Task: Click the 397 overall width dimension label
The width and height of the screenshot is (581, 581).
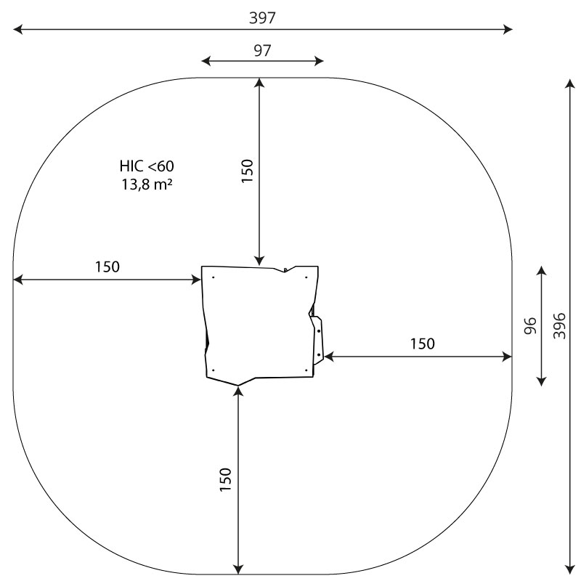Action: pyautogui.click(x=262, y=17)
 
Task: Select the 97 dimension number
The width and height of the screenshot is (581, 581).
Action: pyautogui.click(x=262, y=50)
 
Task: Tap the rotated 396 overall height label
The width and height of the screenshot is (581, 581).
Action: pyautogui.click(x=559, y=325)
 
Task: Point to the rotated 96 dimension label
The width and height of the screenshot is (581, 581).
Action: pyautogui.click(x=531, y=325)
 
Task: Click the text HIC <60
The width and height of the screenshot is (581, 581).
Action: pyautogui.click(x=147, y=166)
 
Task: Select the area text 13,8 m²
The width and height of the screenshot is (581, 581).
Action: pyautogui.click(x=147, y=184)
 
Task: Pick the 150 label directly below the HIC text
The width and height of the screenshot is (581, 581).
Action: pyautogui.click(x=107, y=267)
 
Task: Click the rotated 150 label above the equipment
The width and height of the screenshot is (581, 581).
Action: pyautogui.click(x=247, y=171)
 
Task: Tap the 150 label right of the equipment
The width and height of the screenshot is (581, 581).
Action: pyautogui.click(x=423, y=344)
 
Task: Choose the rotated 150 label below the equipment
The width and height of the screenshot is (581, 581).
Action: pyautogui.click(x=226, y=479)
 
